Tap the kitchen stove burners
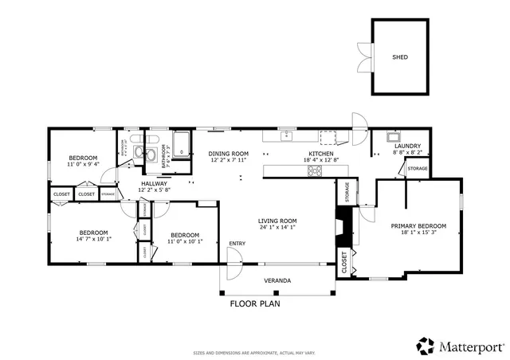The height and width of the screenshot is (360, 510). (x=315, y=169)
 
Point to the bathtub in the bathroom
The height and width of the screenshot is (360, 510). (x=182, y=144)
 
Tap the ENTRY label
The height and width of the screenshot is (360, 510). (x=237, y=243)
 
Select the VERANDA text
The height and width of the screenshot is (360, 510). (x=277, y=280)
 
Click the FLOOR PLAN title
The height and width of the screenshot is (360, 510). (x=254, y=303)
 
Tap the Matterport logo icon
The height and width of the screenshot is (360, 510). (x=424, y=346)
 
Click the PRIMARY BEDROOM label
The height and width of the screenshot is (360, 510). (x=418, y=226)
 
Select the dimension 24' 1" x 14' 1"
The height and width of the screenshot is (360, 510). (x=277, y=227)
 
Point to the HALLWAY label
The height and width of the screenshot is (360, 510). (x=153, y=183)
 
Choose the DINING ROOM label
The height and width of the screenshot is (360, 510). (x=229, y=153)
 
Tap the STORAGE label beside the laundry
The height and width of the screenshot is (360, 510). (x=418, y=169)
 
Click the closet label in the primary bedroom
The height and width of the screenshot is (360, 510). (x=344, y=264)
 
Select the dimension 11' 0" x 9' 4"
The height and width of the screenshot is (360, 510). (x=83, y=164)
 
